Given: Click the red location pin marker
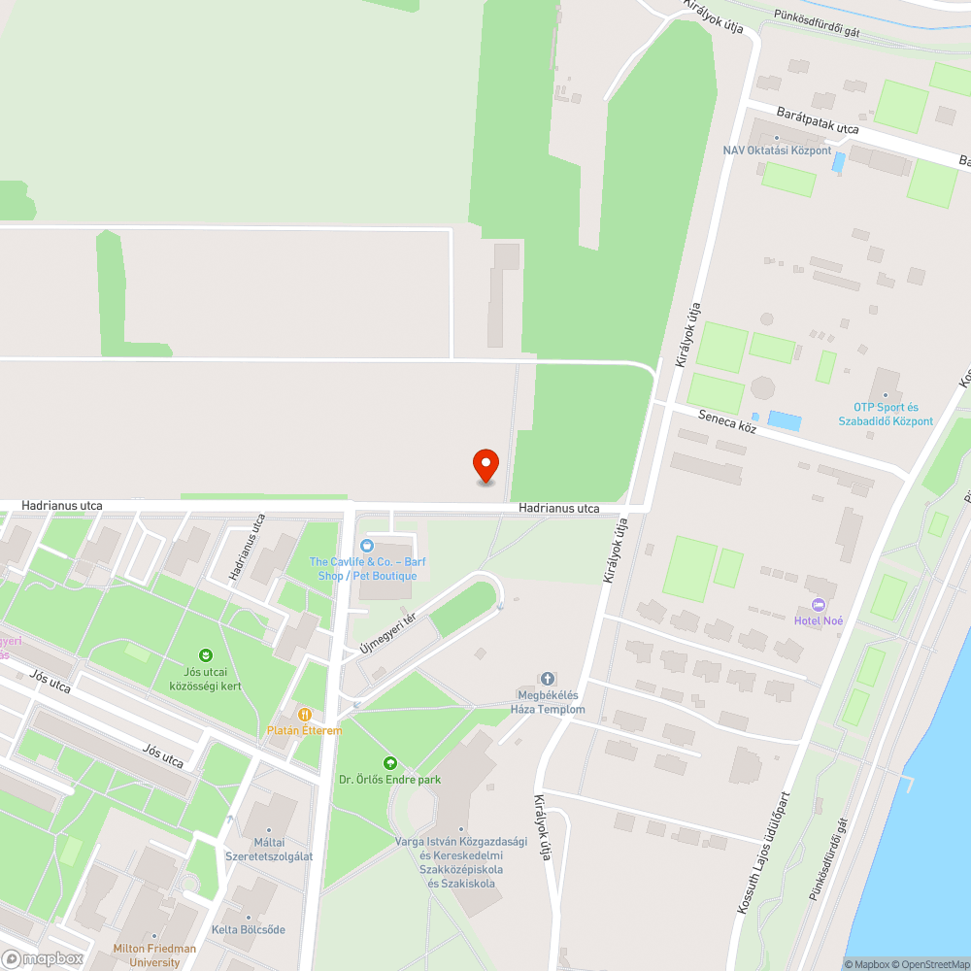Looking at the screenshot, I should pyautogui.click(x=485, y=465).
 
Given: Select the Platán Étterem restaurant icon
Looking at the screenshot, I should pyautogui.click(x=305, y=714).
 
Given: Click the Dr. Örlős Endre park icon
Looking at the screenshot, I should pyautogui.click(x=390, y=763).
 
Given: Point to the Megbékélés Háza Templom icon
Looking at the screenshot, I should pyautogui.click(x=548, y=678).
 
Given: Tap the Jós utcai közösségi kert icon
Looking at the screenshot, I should pyautogui.click(x=205, y=655).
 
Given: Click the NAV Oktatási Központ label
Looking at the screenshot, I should pyautogui.click(x=777, y=151).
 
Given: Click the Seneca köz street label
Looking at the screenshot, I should pyautogui.click(x=728, y=421).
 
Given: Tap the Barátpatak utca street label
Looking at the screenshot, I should pyautogui.click(x=818, y=121).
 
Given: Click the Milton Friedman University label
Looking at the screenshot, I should pyautogui.click(x=154, y=955).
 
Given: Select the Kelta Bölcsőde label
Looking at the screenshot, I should pyautogui.click(x=250, y=929).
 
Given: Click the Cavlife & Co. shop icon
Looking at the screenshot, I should pyautogui.click(x=367, y=546).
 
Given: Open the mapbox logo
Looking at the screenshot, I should pyautogui.click(x=42, y=958).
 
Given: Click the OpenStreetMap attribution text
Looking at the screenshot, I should pyautogui.click(x=933, y=964).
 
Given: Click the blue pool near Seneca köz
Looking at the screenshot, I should pyautogui.click(x=785, y=421).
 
